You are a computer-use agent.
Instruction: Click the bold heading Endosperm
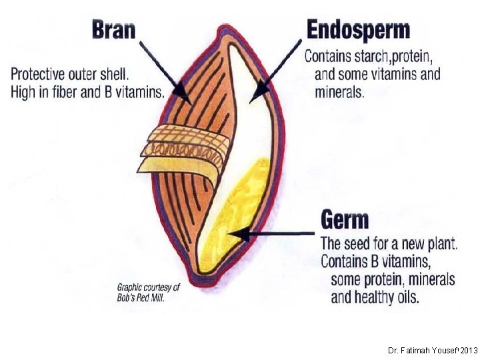click(358, 29)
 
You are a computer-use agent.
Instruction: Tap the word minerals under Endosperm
click(339, 92)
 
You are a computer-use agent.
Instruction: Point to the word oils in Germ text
click(405, 297)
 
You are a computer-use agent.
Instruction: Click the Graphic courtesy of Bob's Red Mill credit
click(149, 293)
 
